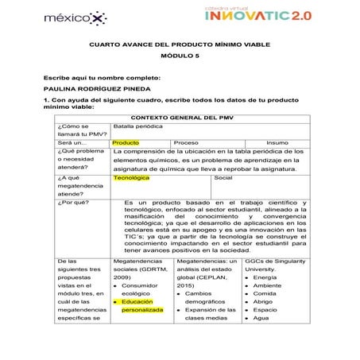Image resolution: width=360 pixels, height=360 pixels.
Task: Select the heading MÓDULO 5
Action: (x=180, y=58)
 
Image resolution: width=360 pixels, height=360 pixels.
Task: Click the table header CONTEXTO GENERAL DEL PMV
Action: (x=180, y=118)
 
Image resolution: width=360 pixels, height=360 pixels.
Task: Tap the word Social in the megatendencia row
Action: (x=223, y=178)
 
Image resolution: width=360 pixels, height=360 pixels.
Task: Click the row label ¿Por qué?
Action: (x=72, y=202)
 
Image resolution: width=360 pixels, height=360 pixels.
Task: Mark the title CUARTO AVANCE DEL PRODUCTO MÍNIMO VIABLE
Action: (x=180, y=46)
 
